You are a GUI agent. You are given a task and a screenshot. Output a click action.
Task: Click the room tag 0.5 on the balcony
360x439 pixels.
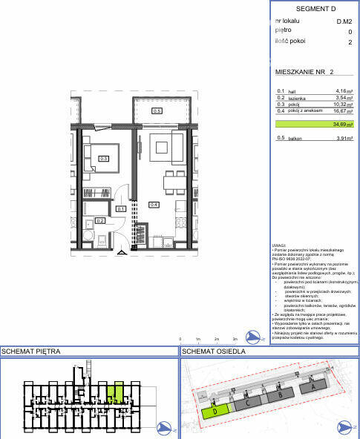tap(157, 111)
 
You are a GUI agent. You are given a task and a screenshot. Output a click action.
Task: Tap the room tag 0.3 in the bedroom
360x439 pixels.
tap(104, 158)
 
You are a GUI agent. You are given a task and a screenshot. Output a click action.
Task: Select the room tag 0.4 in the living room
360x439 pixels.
tap(154, 205)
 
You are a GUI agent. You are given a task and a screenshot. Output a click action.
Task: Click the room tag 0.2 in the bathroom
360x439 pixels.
tap(100, 220)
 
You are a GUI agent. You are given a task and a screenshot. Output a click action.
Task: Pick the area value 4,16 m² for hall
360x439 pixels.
tap(343, 91)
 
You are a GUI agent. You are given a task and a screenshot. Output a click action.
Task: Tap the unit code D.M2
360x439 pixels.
tap(344, 22)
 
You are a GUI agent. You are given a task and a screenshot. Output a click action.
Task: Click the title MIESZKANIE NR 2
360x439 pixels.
tap(304, 72)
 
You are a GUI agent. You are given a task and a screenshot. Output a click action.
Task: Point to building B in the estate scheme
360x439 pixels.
tap(280, 395)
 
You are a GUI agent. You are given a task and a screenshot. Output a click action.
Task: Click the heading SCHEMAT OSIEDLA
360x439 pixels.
tap(214, 351)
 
